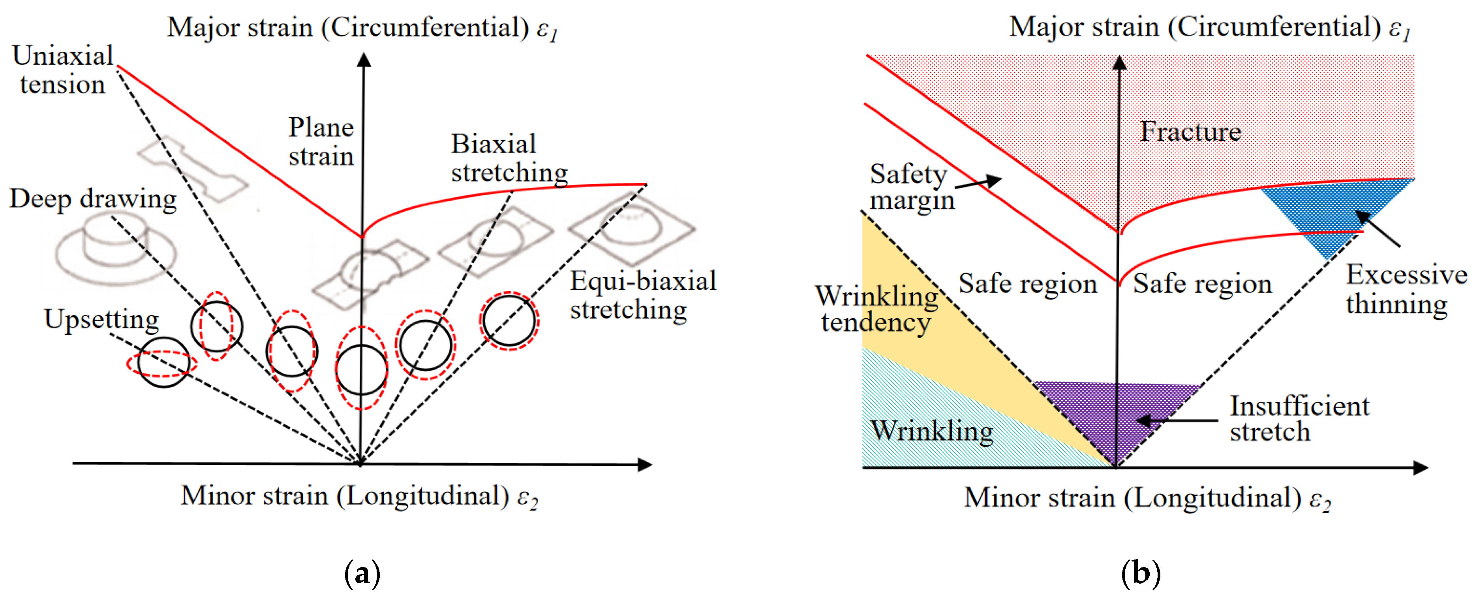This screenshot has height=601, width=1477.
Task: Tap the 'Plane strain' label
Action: [x=321, y=141]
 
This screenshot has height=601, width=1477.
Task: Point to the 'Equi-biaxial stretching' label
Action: [x=642, y=295]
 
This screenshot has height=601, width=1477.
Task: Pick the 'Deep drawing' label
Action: [x=93, y=199]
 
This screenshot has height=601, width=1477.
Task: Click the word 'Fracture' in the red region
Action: [x=1190, y=132]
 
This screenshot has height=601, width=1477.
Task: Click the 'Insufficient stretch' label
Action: [x=1298, y=419]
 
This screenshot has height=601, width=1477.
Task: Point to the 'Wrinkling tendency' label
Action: [x=876, y=309]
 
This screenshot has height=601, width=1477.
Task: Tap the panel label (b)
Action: [x=1141, y=573]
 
